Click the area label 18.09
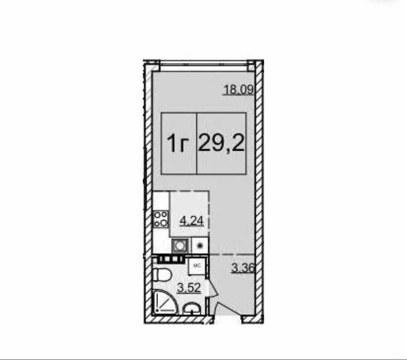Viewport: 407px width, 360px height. (x=238, y=90)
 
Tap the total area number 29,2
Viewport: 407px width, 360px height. (x=221, y=144)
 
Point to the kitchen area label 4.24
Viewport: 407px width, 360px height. (x=192, y=221)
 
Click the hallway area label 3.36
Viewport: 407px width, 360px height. (x=242, y=268)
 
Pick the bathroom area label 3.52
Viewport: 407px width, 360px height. (x=189, y=288)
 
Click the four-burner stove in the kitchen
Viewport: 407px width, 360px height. (x=161, y=219)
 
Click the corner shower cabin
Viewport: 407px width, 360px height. (x=164, y=301)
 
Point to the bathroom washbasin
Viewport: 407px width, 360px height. (x=192, y=308)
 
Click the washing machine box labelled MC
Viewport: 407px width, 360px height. (x=197, y=266)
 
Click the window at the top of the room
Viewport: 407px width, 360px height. (x=204, y=66)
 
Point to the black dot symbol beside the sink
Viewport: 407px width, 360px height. (x=200, y=246)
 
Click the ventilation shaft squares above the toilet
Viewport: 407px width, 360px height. (x=169, y=259)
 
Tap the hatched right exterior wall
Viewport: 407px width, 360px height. (x=258, y=192)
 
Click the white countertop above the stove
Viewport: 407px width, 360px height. (x=161, y=201)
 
